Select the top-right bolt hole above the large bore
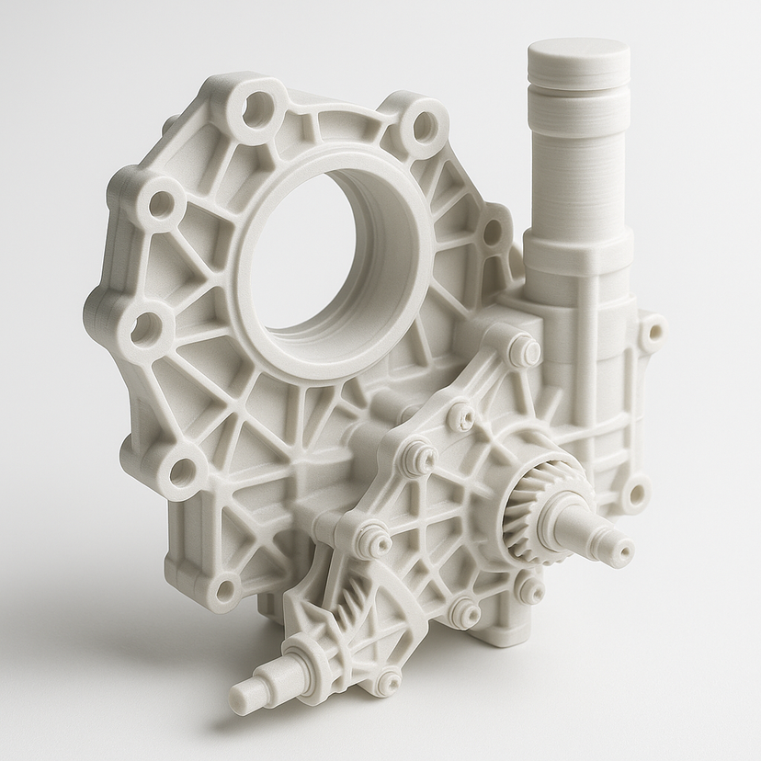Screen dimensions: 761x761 [x=424, y=123]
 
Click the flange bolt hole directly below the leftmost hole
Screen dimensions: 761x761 [x=184, y=471]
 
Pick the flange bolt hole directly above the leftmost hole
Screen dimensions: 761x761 [x=162, y=199]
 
